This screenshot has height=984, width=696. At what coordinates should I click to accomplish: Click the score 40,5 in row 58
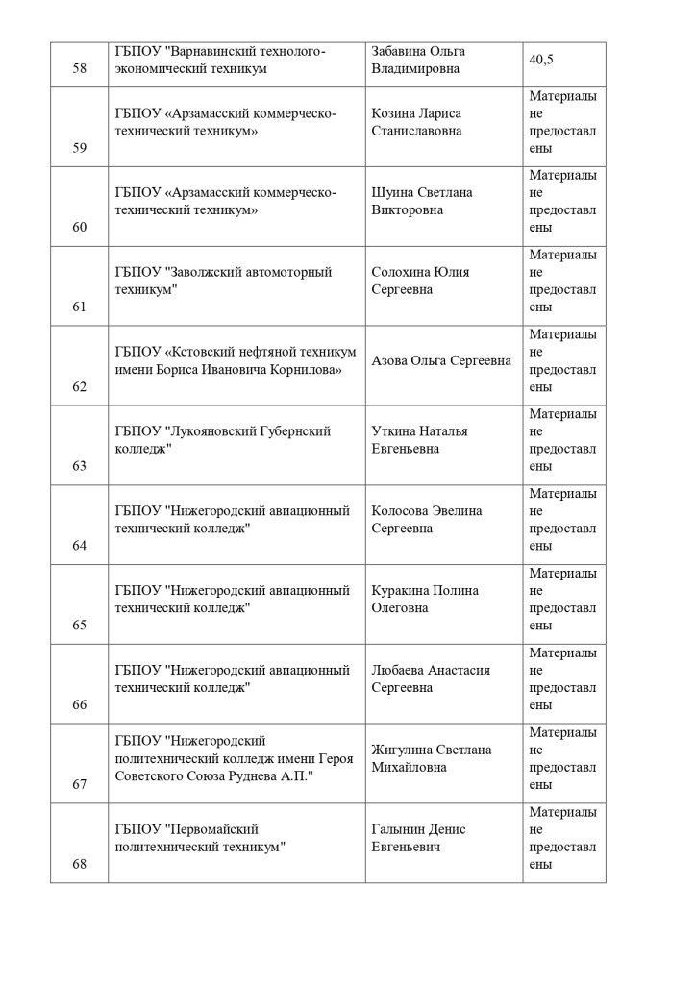541,60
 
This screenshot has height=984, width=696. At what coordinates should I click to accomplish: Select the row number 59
79,148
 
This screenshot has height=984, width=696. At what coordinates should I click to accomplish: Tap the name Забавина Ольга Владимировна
418,60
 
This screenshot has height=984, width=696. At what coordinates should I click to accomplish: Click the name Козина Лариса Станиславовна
416,122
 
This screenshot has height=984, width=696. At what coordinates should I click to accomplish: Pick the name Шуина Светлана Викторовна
421,201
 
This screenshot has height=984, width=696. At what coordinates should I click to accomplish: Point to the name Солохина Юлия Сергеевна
420,281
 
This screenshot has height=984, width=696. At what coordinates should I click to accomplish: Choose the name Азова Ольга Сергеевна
441,360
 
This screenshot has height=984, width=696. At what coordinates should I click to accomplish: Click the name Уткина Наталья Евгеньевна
419,440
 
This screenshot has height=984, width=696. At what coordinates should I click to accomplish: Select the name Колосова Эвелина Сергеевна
427,520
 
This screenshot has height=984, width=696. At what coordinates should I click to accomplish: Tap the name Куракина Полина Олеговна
424,600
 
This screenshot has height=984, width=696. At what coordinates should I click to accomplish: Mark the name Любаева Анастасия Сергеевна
431,678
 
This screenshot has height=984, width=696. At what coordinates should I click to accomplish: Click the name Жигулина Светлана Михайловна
431,758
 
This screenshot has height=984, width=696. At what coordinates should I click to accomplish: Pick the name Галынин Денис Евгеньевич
418,838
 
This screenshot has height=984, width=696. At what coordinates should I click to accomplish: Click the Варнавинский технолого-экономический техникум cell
220,60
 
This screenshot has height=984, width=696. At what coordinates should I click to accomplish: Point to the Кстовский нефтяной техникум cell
235,360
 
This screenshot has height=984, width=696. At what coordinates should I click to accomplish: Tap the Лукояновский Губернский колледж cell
222,440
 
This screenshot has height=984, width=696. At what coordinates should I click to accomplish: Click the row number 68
79,864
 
